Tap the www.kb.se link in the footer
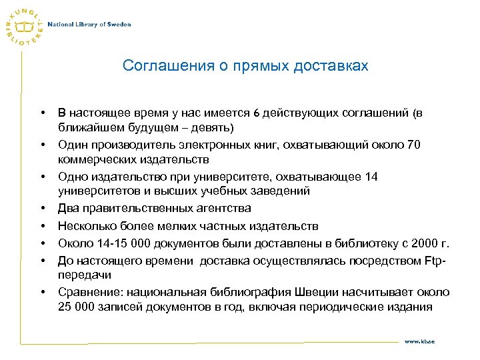tap(420, 341)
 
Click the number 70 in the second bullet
tap(413, 145)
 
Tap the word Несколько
tap(87, 227)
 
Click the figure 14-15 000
tap(116, 243)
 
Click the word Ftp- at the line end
tap(435, 260)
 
